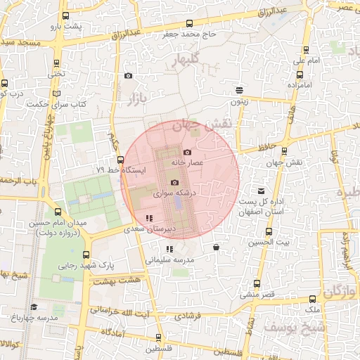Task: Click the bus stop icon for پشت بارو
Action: pos(65,15)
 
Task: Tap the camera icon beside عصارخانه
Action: pos(187,153)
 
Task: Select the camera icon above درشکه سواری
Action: pos(175,182)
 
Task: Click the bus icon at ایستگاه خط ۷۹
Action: pos(120,160)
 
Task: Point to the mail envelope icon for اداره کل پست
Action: pos(262,191)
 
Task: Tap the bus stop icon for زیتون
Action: pos(240,90)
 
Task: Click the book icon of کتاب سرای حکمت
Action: pos(57,92)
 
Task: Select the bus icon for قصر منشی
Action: pos(255,284)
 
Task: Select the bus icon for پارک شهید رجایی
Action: pos(86,255)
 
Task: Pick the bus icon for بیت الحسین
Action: pos(269,231)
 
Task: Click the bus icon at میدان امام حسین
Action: pos(58,212)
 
